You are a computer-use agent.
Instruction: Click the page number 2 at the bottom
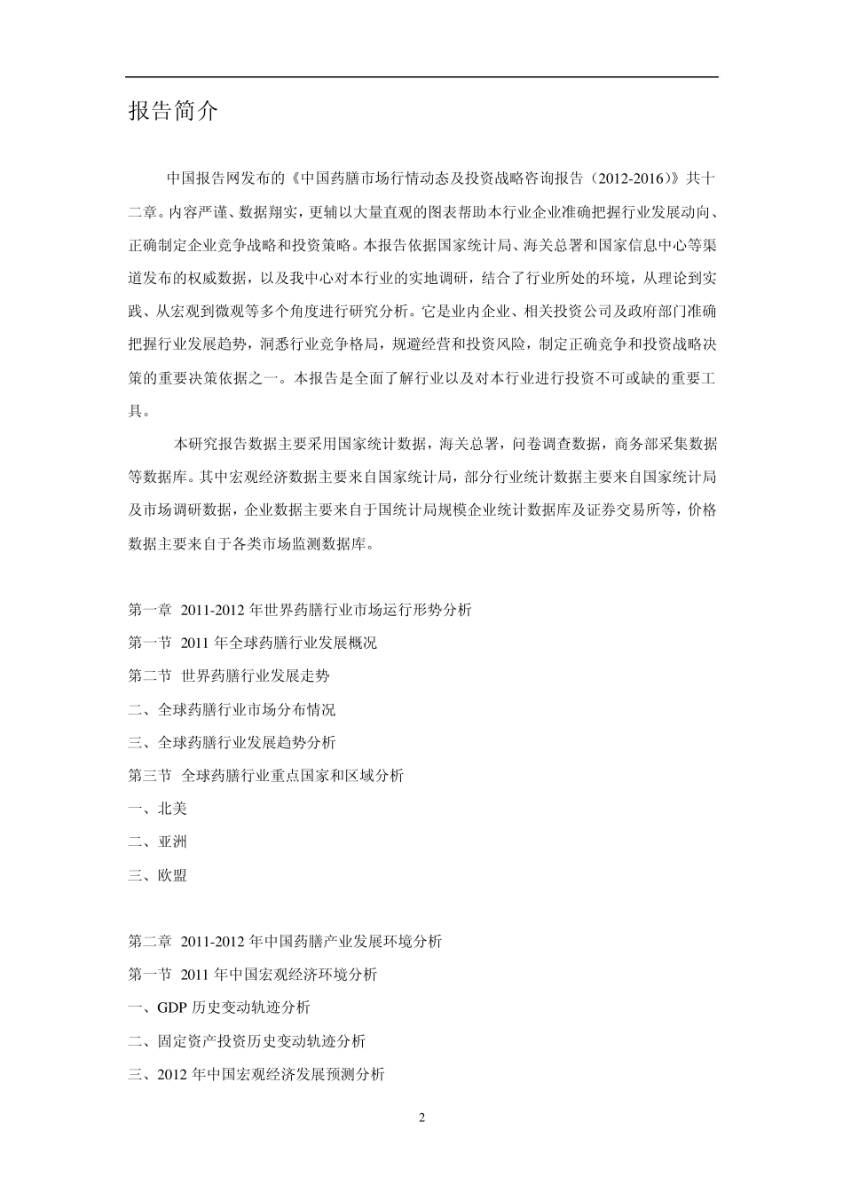421,1118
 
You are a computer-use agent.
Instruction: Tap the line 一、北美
157,809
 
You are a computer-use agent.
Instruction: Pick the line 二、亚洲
157,841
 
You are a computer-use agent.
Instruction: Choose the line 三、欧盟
157,875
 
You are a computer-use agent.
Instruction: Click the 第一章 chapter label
149,610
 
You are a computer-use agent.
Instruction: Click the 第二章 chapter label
149,941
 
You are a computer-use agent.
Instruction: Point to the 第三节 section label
149,776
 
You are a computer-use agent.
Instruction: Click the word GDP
172,1007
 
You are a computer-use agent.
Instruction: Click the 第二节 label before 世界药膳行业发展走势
149,676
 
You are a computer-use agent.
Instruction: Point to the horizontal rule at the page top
421,77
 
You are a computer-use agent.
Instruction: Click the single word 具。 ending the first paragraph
139,411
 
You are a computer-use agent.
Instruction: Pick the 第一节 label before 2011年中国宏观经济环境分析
149,975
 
